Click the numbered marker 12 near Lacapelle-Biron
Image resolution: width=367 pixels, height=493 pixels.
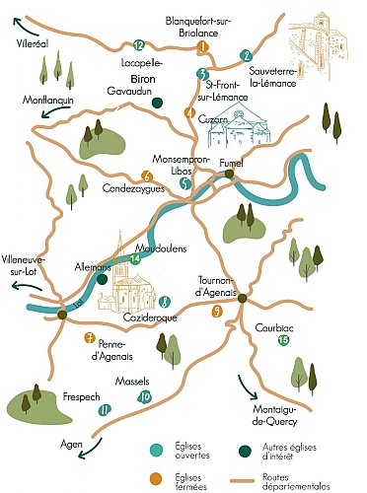click(x=138, y=45)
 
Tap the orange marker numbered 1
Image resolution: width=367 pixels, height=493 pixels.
click(x=203, y=46)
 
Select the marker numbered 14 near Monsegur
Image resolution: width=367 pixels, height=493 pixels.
click(x=136, y=258)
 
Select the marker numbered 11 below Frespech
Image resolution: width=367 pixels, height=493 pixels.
click(x=104, y=409)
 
